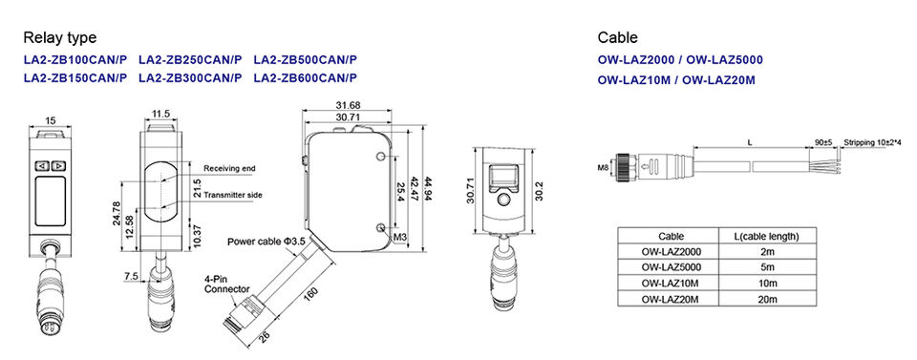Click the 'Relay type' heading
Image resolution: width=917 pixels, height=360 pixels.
click(59, 38)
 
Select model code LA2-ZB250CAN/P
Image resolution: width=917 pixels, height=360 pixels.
click(190, 59)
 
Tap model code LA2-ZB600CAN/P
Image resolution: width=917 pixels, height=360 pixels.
click(306, 77)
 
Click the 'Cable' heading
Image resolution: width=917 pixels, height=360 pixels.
click(618, 38)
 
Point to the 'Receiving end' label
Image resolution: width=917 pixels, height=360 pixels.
click(230, 168)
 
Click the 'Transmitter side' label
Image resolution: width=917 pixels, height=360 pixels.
click(233, 195)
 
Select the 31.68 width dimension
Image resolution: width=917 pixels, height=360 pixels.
click(349, 105)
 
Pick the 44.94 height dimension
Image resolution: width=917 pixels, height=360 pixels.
click(429, 189)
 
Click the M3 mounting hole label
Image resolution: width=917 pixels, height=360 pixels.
click(400, 237)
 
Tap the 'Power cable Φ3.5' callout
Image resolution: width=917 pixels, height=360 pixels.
click(267, 241)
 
